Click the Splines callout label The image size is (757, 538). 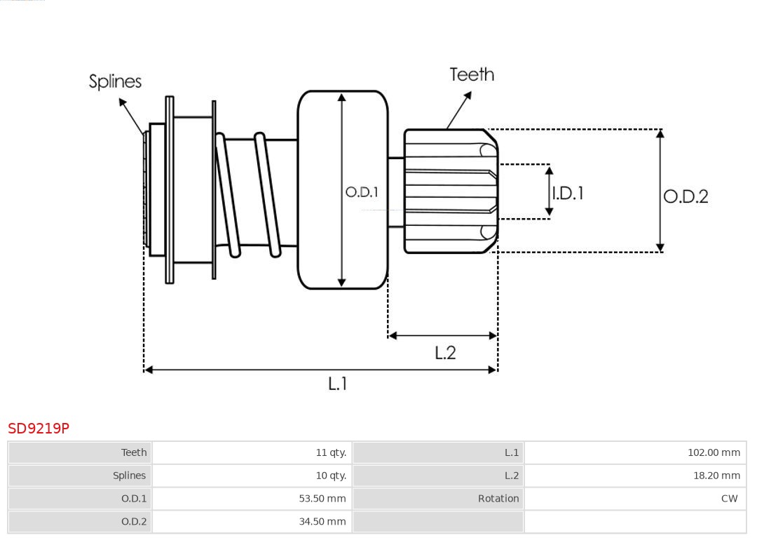tap(115, 81)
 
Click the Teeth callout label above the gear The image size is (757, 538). tap(472, 74)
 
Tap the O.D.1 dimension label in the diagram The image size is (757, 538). tap(362, 191)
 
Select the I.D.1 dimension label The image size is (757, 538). tap(568, 193)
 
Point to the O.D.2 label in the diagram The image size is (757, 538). tap(686, 196)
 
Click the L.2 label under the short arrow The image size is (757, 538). tap(445, 352)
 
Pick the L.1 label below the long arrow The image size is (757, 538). tap(338, 383)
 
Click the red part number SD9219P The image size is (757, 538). tap(39, 428)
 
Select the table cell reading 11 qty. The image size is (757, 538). tap(331, 452)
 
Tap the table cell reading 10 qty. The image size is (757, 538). tap(331, 476)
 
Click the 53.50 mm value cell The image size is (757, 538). tap(322, 499)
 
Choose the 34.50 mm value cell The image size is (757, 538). tap(322, 521)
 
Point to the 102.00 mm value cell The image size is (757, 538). tap(714, 452)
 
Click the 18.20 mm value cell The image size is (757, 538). tap(716, 476)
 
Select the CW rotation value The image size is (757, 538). tap(729, 499)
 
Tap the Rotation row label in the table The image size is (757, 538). tap(498, 499)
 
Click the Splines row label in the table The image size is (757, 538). tap(130, 476)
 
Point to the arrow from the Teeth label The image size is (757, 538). tap(459, 111)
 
